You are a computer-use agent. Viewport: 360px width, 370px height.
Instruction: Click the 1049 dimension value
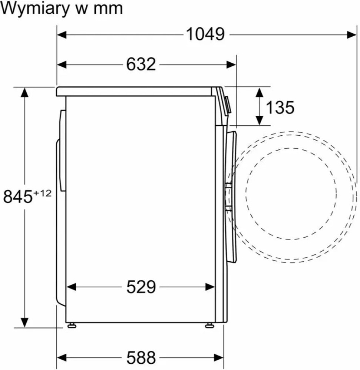(205, 34)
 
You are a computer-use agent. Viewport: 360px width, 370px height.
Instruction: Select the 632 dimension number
(141, 64)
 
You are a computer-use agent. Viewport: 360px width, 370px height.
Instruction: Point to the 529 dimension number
(141, 286)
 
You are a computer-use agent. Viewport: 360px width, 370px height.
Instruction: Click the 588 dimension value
(141, 357)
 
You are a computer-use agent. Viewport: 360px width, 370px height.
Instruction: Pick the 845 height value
(17, 196)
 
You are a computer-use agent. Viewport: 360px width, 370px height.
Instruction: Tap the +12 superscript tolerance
(43, 193)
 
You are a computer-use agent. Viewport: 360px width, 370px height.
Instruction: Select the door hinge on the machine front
(228, 196)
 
